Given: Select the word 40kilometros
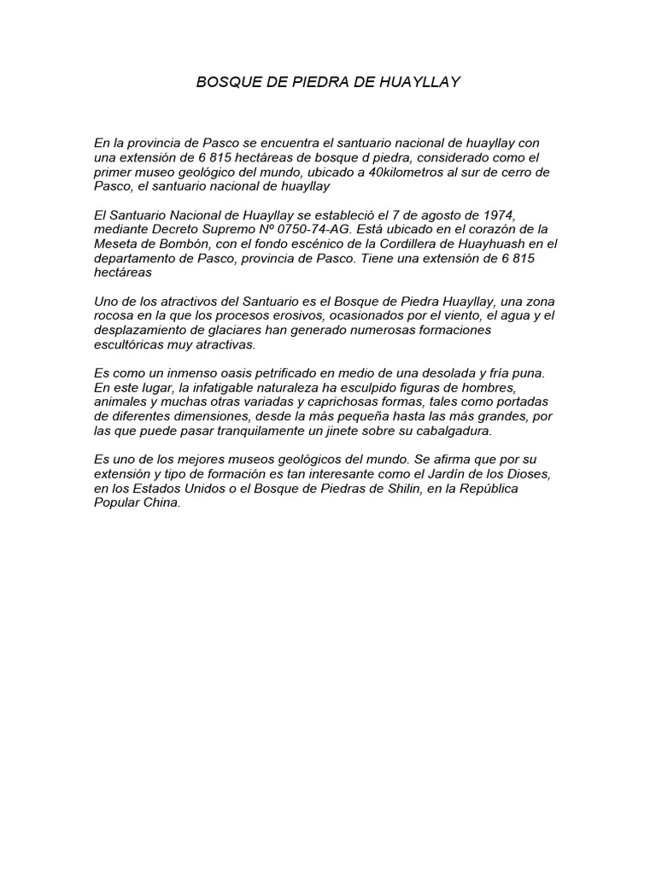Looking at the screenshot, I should click(x=398, y=172).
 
